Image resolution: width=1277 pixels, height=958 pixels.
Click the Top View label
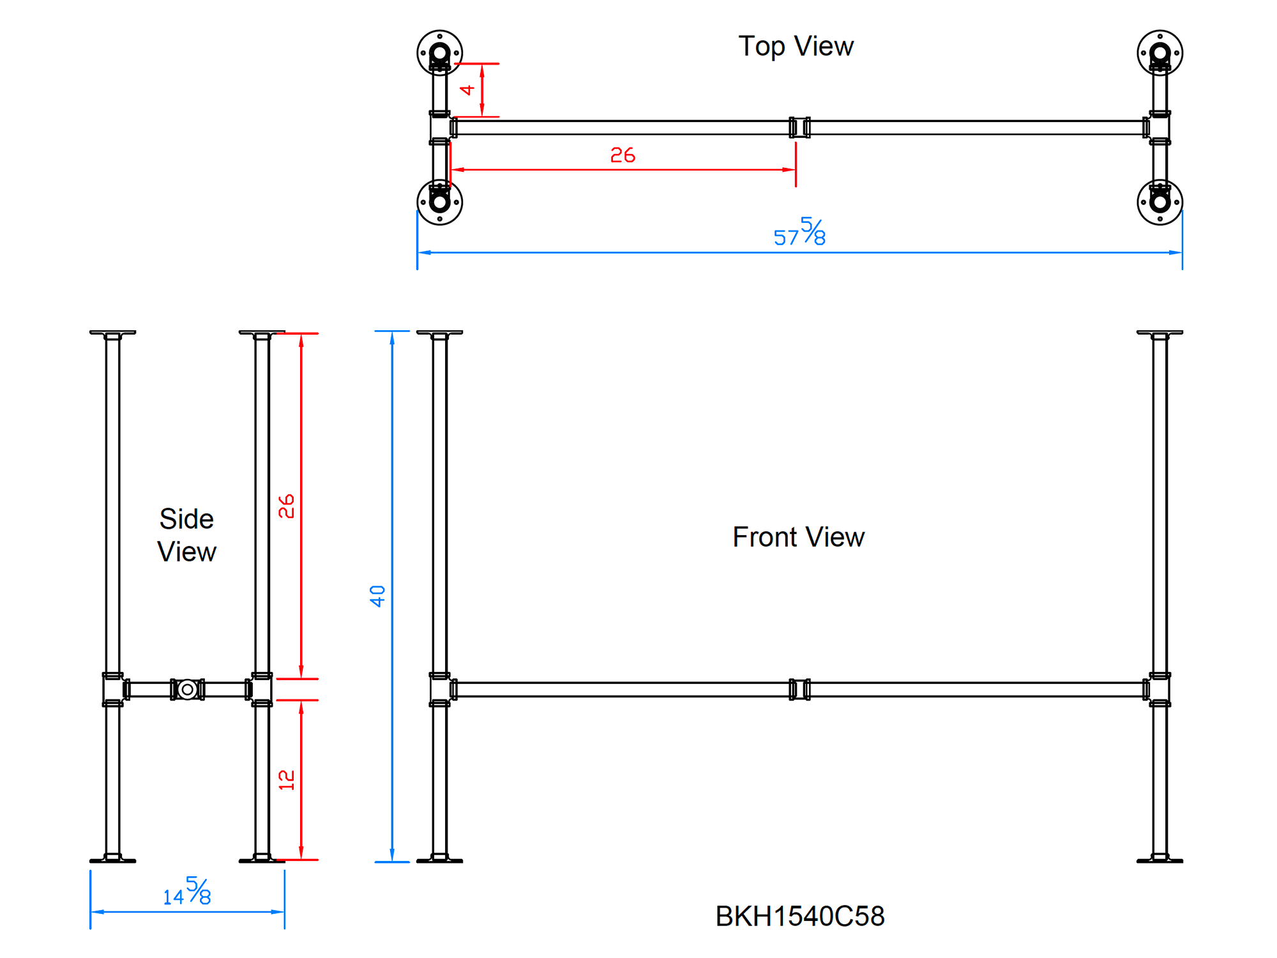(x=796, y=47)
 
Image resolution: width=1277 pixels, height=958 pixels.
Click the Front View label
(x=798, y=537)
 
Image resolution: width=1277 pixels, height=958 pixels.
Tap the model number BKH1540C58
(x=799, y=916)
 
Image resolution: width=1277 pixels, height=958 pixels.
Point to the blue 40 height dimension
(x=377, y=596)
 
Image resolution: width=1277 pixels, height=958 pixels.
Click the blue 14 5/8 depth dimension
(x=187, y=892)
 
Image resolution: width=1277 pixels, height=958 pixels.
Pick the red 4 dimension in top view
(x=467, y=90)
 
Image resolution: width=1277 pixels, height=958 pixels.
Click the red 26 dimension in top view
(x=623, y=155)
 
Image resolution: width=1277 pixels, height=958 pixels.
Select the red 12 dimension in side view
(x=287, y=780)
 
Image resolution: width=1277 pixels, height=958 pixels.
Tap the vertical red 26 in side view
(x=287, y=506)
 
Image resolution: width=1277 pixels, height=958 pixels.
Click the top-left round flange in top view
(x=439, y=52)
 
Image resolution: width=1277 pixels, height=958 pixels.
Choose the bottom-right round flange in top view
(x=1160, y=202)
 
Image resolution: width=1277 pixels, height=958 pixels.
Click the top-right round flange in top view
(x=1160, y=52)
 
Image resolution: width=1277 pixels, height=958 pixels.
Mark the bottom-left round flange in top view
(x=439, y=202)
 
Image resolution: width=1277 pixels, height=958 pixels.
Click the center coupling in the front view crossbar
(x=799, y=690)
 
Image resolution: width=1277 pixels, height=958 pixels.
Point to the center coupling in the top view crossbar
(x=799, y=128)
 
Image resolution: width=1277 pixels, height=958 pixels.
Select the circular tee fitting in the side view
(x=187, y=690)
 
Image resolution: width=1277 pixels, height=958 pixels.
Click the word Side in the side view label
(x=186, y=519)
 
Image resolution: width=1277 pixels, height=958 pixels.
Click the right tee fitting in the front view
(x=1159, y=690)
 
